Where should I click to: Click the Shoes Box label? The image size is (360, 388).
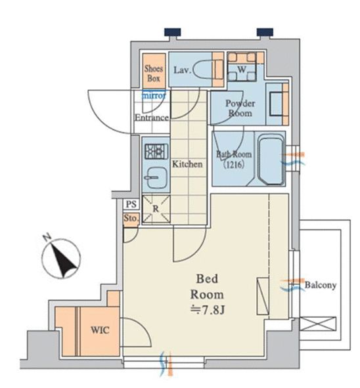click(154, 74)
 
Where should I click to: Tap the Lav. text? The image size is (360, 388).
click(183, 70)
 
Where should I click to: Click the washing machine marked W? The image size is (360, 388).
click(242, 66)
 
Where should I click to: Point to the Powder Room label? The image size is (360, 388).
click(240, 108)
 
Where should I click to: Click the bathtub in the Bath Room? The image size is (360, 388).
click(271, 160)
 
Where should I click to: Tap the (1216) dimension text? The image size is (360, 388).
click(234, 164)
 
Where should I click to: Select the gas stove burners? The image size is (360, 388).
click(156, 151)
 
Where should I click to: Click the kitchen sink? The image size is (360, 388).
click(156, 178)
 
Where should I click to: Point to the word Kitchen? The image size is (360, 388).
click(187, 164)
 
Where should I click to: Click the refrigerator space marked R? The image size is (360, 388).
click(156, 209)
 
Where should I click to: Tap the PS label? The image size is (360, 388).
click(131, 204)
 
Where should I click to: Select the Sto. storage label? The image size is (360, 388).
click(131, 219)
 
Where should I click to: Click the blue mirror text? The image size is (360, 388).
click(154, 95)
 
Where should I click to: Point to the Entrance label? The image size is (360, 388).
click(152, 118)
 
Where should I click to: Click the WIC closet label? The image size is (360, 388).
click(100, 330)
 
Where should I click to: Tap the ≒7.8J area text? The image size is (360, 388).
click(208, 311)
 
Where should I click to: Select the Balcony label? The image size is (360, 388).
click(321, 285)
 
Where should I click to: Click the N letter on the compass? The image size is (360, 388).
click(47, 238)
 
